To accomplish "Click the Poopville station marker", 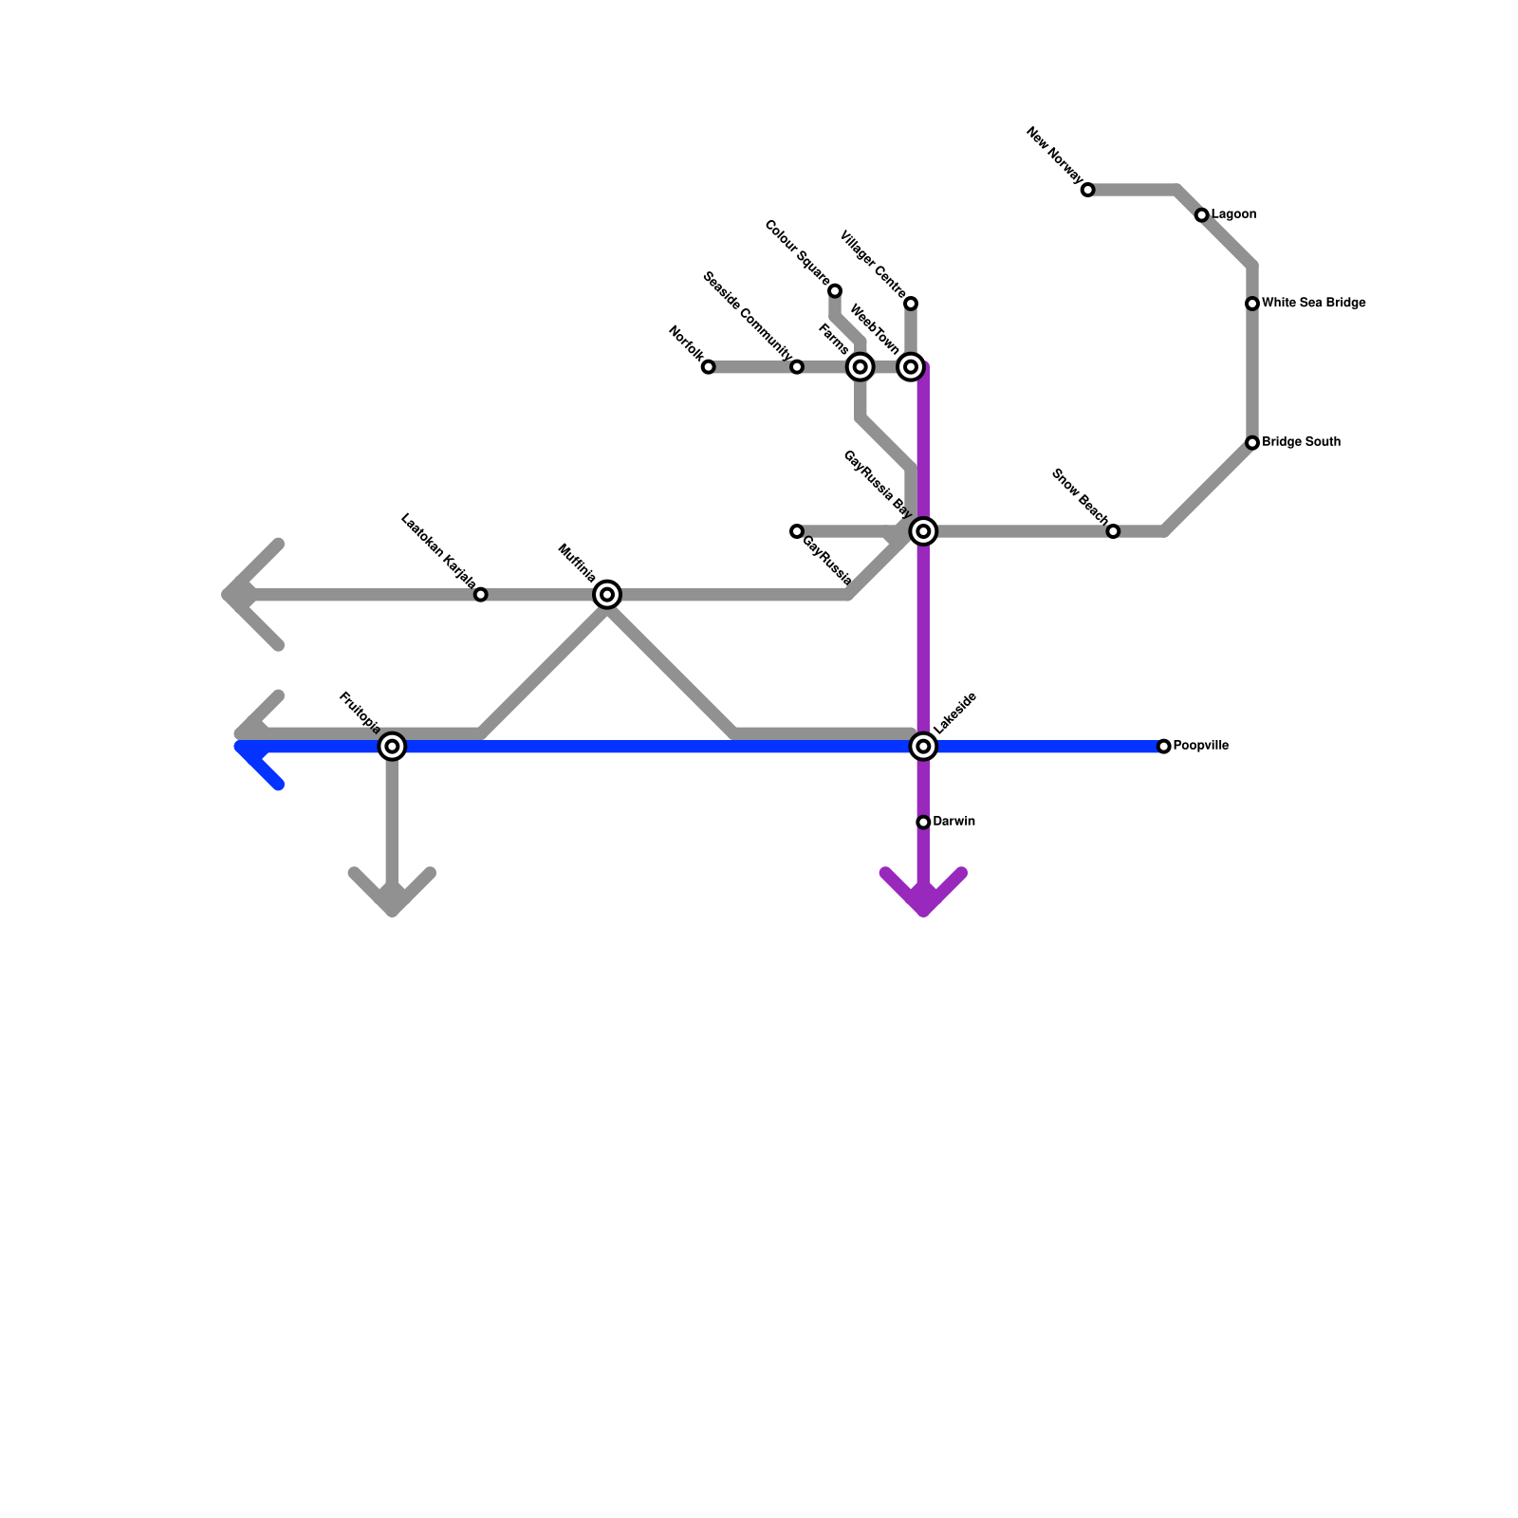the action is pos(1164,747).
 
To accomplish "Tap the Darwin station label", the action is pos(953,822).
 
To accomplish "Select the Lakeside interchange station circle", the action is pos(923,747).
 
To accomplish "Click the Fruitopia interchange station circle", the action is pos(392,747).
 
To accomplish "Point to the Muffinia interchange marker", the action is pos(607,595).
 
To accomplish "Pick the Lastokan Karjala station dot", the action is pos(481,595).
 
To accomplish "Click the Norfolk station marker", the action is pos(708,367).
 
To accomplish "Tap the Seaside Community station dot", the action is pos(797,367).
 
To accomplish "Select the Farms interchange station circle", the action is pos(860,367).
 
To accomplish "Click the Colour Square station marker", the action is pos(835,290).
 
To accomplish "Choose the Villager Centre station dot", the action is pos(911,304).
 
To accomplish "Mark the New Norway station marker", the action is pos(1088,190).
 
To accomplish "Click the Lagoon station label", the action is pos(1233,215).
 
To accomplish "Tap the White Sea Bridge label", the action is pos(1313,304).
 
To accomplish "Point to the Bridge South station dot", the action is pos(1252,443).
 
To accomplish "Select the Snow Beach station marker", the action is pos(1113,531).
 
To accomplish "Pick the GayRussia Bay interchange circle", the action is pos(923,531).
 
